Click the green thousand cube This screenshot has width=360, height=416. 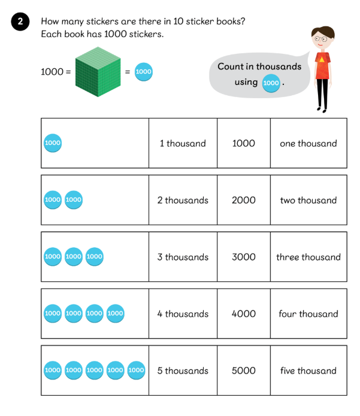98,72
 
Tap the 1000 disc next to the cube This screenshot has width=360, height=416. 143,72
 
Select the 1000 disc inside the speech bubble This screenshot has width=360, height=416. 271,83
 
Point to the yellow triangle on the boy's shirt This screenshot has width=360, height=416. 322,59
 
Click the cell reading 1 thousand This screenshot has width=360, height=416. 183,143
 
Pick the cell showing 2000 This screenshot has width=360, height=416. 243,200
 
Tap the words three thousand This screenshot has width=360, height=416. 308,257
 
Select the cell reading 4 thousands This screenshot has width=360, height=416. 183,314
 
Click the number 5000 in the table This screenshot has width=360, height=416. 243,371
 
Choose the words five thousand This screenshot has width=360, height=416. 308,371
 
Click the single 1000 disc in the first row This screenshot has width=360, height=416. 53,143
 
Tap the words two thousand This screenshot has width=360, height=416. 308,200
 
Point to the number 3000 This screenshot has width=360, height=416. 243,257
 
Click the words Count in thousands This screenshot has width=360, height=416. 259,66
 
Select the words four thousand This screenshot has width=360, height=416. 308,314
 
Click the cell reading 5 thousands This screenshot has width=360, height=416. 183,371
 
